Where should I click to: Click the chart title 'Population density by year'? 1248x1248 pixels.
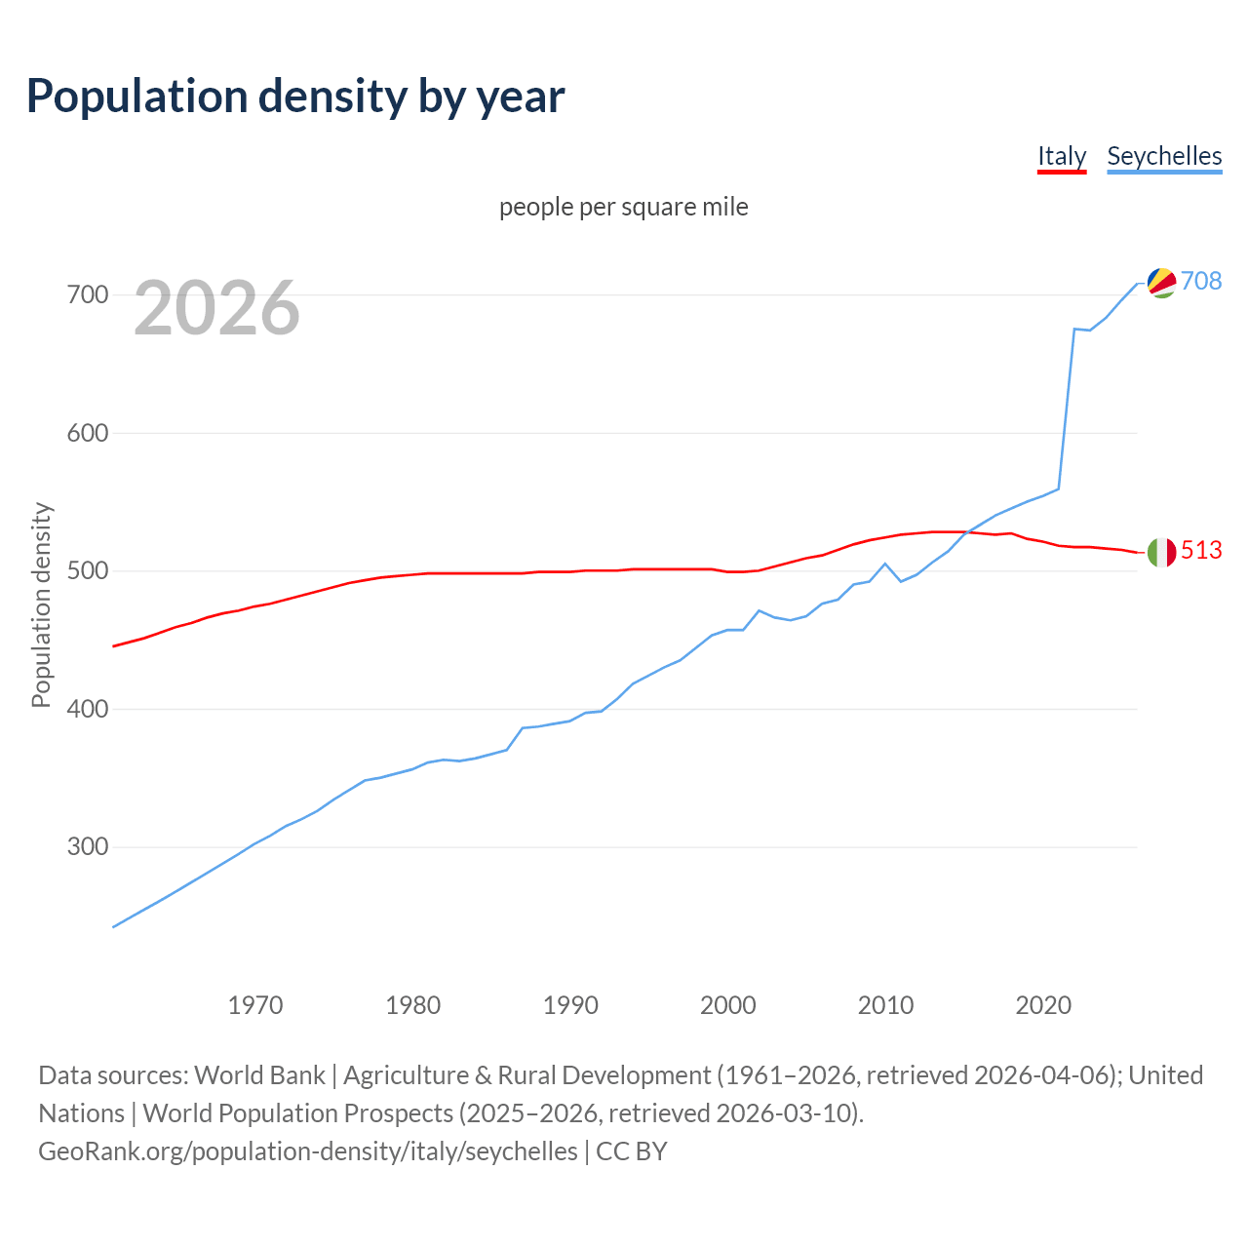pos(295,97)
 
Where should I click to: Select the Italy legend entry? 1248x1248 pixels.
pos(1061,156)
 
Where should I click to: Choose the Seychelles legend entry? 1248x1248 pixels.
pos(1164,156)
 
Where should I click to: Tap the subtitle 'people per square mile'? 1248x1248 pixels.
pos(623,207)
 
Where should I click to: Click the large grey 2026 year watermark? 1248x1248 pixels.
pos(216,308)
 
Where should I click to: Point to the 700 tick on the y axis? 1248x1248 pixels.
pos(87,294)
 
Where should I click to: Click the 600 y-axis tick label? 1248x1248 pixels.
pos(87,433)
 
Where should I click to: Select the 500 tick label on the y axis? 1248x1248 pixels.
pos(87,570)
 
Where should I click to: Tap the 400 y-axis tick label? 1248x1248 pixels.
pos(87,709)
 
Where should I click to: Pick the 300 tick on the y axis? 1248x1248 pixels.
pos(87,846)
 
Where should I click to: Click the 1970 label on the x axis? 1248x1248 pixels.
pos(255,1004)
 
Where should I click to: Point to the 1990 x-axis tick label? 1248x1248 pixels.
pos(570,1004)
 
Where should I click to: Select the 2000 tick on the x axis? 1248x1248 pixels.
pos(728,1004)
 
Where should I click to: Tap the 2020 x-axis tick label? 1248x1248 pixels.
pos(1043,1004)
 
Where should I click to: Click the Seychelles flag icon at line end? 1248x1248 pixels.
pos(1161,282)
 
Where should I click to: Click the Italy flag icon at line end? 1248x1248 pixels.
pos(1161,552)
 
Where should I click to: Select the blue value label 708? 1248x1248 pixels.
pos(1201,281)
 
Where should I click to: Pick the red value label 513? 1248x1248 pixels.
pos(1201,551)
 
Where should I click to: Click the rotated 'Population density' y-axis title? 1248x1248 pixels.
pos(41,604)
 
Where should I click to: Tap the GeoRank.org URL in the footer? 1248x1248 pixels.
pos(308,1151)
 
